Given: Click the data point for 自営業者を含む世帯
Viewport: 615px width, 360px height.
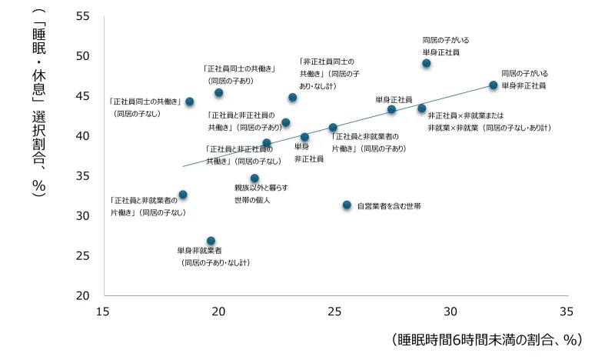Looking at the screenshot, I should click(x=347, y=205).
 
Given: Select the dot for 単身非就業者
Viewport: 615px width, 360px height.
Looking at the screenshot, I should click(x=211, y=242).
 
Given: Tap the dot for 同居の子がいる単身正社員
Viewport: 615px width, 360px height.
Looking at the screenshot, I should click(x=427, y=64).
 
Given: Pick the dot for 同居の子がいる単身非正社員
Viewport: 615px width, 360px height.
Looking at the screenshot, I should click(x=494, y=85).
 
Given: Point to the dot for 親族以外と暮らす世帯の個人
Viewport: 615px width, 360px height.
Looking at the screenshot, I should click(x=254, y=178).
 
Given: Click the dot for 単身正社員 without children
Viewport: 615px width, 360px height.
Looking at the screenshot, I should click(x=391, y=110).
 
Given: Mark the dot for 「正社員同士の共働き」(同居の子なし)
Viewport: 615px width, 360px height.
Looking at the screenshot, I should click(x=190, y=102).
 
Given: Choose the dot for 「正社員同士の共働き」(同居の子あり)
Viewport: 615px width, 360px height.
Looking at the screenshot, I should click(x=219, y=93).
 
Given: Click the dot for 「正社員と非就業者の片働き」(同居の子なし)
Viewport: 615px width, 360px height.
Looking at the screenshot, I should click(x=183, y=195).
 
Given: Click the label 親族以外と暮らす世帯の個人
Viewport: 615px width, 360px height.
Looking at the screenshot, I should click(x=261, y=194).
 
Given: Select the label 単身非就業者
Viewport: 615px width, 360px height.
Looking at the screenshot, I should click(x=199, y=251).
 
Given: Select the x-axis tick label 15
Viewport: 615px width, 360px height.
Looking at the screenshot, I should click(x=102, y=312).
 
